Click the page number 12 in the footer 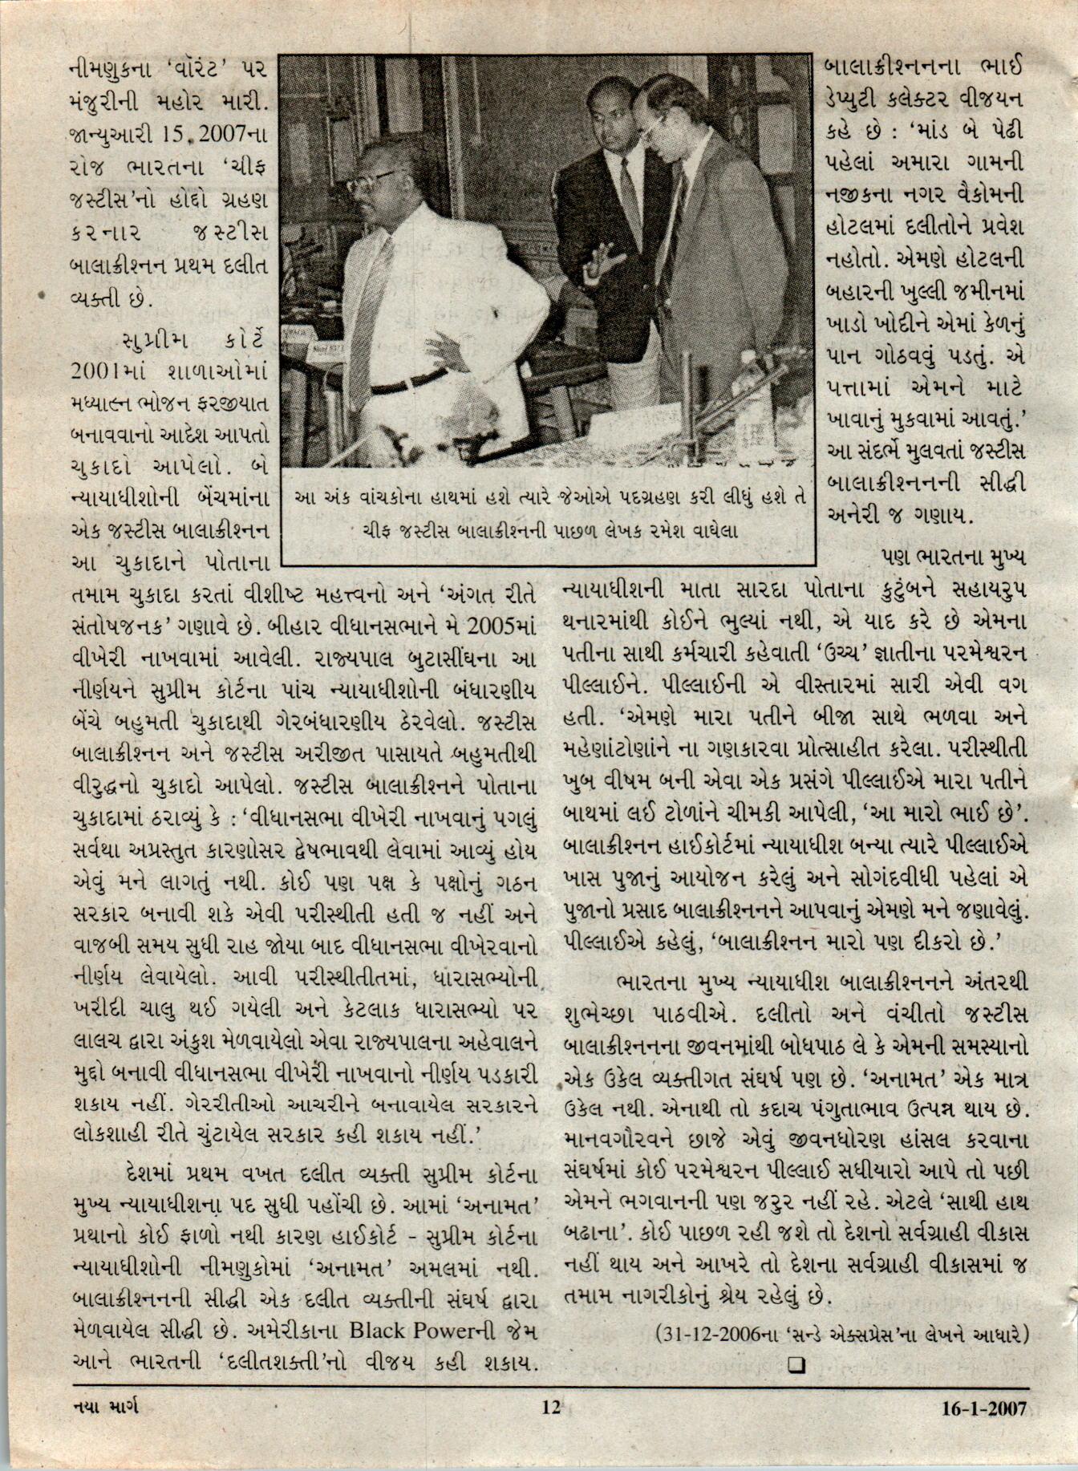pos(550,1407)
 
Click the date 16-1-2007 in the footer pos(984,1408)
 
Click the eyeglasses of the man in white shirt pos(373,181)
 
